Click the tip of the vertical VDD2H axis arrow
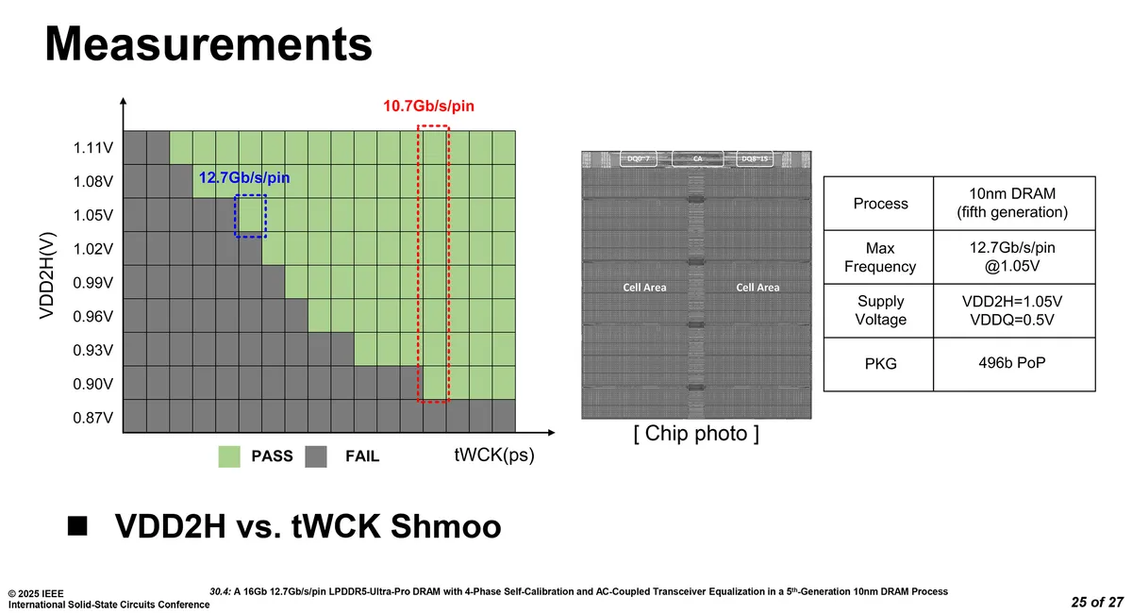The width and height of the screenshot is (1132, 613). tap(123, 97)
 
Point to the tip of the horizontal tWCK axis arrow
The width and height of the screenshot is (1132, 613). tap(555, 433)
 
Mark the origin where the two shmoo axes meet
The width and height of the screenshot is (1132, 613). tap(124, 433)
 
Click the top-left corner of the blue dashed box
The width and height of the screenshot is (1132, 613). tap(235, 195)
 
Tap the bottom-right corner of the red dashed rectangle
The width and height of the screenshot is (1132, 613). tap(449, 403)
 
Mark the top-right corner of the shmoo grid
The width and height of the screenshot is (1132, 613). tap(515, 131)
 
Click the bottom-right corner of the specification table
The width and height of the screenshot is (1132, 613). tap(1095, 391)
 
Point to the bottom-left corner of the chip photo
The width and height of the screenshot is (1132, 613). tap(582, 419)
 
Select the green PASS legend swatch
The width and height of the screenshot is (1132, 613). tap(229, 456)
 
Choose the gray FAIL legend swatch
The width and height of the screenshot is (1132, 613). tap(316, 456)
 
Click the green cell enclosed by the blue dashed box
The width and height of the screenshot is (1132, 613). tap(250, 215)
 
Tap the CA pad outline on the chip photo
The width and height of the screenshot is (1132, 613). tap(697, 158)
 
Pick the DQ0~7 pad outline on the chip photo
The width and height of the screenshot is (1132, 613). tap(639, 158)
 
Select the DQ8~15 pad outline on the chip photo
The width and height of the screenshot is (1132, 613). tap(755, 158)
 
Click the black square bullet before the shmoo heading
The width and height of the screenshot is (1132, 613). tap(77, 526)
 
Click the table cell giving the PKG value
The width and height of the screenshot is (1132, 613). tap(1014, 364)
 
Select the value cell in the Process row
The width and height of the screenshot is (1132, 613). tap(1014, 204)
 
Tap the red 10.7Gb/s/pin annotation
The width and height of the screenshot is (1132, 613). tap(428, 107)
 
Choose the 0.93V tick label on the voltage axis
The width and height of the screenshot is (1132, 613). tap(93, 350)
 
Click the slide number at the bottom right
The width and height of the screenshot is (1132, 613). tap(1097, 602)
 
